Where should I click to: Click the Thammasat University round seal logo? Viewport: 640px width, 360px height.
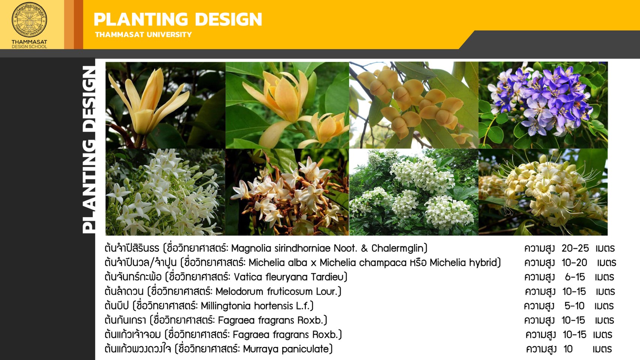point(29,19)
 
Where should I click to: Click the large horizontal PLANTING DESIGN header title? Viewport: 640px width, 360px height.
point(178,19)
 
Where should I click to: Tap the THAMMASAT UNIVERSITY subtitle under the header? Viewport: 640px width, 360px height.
point(144,34)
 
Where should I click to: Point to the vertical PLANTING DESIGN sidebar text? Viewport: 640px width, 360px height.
point(88,149)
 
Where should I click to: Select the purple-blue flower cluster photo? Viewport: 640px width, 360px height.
point(543,105)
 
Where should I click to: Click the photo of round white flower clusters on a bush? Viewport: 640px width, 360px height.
point(414,192)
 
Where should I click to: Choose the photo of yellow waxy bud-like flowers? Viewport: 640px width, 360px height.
point(414,105)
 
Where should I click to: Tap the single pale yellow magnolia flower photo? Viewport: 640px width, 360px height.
point(165,105)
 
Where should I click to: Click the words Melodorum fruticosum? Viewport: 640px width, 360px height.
point(264,291)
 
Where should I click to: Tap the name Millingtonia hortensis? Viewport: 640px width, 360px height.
point(246,306)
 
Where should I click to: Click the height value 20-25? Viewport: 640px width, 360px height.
point(575,248)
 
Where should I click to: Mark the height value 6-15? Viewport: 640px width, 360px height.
point(575,277)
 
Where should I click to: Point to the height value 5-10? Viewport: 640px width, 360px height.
point(574,306)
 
